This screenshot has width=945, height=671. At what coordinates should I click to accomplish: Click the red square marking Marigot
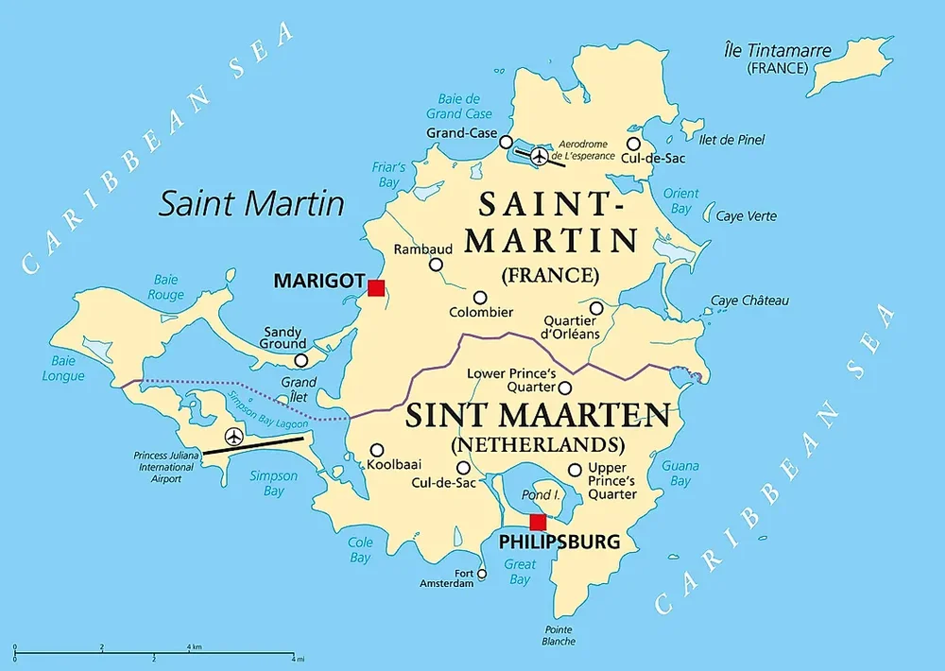tap(376, 287)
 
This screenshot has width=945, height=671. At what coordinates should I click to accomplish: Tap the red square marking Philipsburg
tap(538, 523)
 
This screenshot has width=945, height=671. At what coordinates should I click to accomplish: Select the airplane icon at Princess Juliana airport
tap(233, 437)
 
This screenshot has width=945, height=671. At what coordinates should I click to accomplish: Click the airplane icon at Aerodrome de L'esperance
tap(539, 155)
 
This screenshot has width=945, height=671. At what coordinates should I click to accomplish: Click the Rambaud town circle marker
tap(436, 265)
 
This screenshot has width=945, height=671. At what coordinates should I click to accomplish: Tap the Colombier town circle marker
tap(480, 298)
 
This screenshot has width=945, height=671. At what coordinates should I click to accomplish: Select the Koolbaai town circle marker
tap(376, 451)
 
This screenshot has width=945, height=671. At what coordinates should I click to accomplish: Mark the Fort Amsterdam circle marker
tap(482, 574)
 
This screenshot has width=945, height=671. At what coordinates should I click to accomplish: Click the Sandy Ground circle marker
tap(301, 360)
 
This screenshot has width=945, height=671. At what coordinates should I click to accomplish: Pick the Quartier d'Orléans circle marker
tap(596, 308)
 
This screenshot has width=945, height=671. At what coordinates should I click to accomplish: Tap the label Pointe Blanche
tap(558, 635)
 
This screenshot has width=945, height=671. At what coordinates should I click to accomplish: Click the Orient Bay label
tap(680, 200)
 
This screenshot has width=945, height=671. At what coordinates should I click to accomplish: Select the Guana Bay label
tap(680, 473)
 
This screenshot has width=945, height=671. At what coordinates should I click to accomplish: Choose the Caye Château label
tap(749, 301)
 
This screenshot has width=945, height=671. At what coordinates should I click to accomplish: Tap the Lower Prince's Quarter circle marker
tap(564, 387)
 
